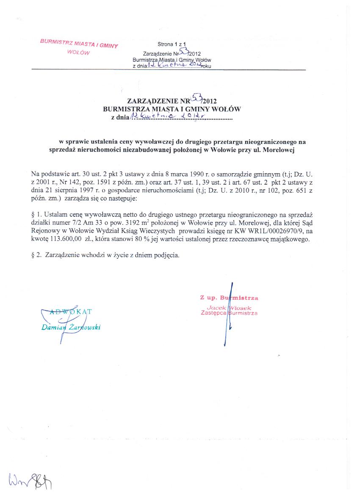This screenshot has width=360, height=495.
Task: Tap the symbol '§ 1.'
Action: (x=37, y=214)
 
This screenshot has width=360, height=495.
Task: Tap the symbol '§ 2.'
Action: (x=37, y=255)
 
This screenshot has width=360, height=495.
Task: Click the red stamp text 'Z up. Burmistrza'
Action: (x=229, y=298)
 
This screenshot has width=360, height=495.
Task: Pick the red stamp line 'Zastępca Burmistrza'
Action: (x=229, y=314)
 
